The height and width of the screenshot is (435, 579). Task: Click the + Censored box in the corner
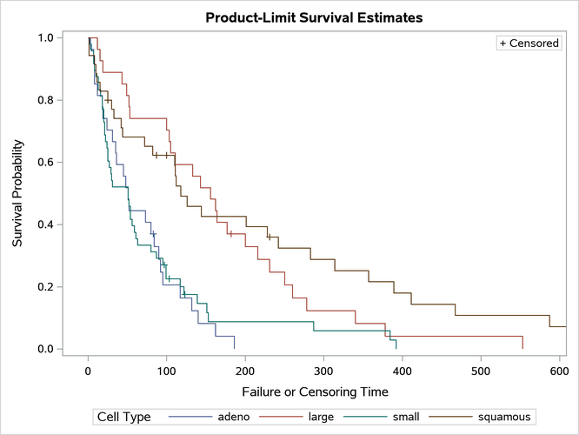529,43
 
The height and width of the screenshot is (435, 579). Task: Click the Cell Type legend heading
126,416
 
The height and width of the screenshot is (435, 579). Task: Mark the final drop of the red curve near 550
522,342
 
